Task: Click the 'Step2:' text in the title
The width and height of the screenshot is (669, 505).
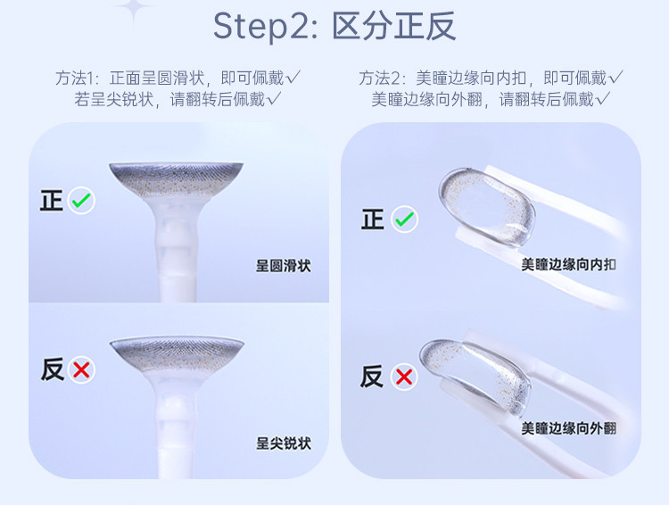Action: (x=265, y=27)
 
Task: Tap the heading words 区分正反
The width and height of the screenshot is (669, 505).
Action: (x=393, y=27)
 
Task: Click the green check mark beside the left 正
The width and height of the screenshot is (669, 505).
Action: (x=81, y=200)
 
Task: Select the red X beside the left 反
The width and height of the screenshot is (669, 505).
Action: (x=81, y=369)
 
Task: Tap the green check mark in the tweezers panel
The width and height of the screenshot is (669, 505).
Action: (x=404, y=219)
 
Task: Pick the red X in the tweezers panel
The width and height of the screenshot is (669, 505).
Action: (x=404, y=377)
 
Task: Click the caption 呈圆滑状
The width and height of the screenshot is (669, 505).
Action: (x=284, y=266)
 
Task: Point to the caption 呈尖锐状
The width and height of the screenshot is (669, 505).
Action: (x=284, y=443)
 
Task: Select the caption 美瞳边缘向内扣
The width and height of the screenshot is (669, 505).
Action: (x=568, y=265)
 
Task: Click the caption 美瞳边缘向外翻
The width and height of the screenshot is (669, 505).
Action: (x=568, y=427)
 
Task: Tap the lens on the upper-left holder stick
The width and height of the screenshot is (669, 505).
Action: (x=177, y=180)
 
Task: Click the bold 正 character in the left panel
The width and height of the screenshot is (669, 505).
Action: (x=52, y=200)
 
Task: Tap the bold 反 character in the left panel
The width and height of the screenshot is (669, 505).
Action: (x=53, y=369)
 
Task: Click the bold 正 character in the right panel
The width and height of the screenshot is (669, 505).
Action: (x=373, y=219)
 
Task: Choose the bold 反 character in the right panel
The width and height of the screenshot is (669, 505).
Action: (x=372, y=377)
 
